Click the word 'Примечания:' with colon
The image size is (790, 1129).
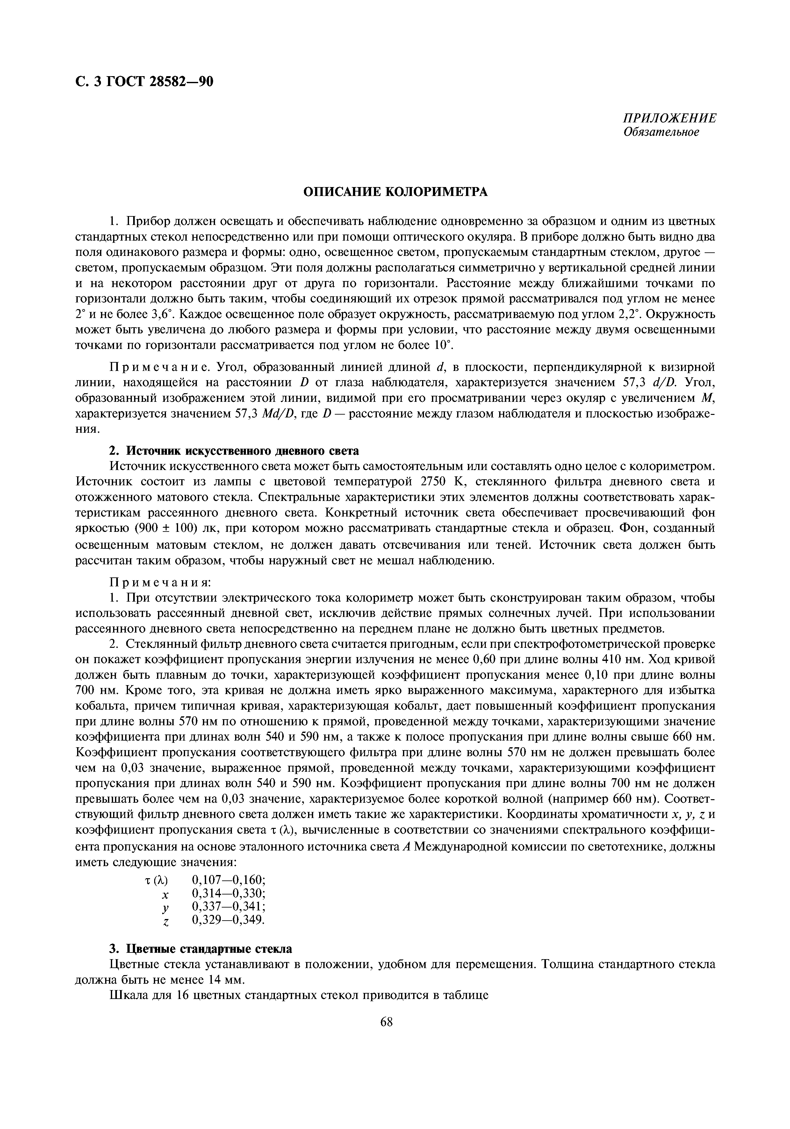160,582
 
